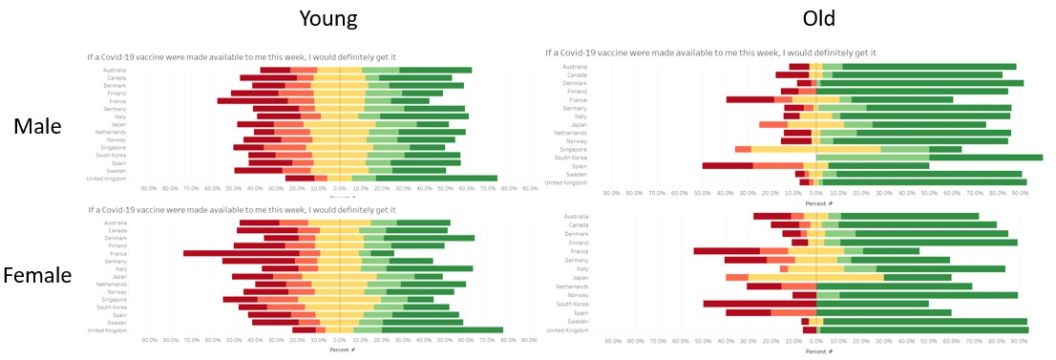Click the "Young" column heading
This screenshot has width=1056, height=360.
pos(328,18)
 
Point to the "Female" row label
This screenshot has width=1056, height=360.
pos(37,276)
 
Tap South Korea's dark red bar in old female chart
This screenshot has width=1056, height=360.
pos(759,304)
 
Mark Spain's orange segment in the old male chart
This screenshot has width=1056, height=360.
pos(778,165)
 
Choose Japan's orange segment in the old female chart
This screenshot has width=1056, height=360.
pos(736,277)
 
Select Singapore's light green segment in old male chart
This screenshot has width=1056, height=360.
pos(904,149)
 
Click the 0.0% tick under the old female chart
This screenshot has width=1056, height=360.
pos(816,341)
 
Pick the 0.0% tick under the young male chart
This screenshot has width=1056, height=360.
pos(339,189)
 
